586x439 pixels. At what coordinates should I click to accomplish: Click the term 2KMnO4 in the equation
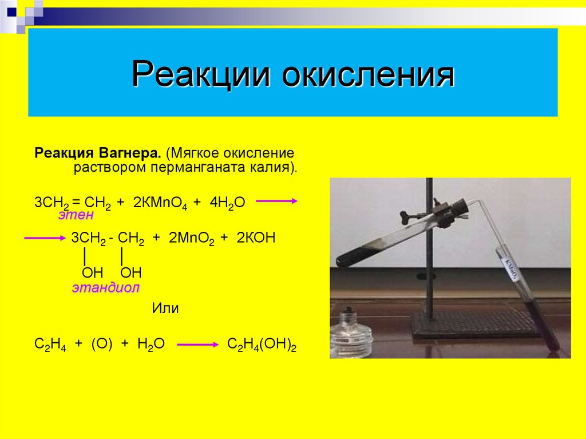pos(159,203)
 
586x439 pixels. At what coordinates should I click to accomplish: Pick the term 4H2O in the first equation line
pos(228,203)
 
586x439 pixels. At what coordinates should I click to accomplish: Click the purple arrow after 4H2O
pos(276,201)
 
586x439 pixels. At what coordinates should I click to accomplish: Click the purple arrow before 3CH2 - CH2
pos(45,238)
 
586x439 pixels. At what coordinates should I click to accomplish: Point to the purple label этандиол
pos(105,288)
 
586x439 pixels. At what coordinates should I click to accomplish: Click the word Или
pos(165,309)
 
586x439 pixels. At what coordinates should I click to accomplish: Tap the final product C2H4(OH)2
pos(262,345)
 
